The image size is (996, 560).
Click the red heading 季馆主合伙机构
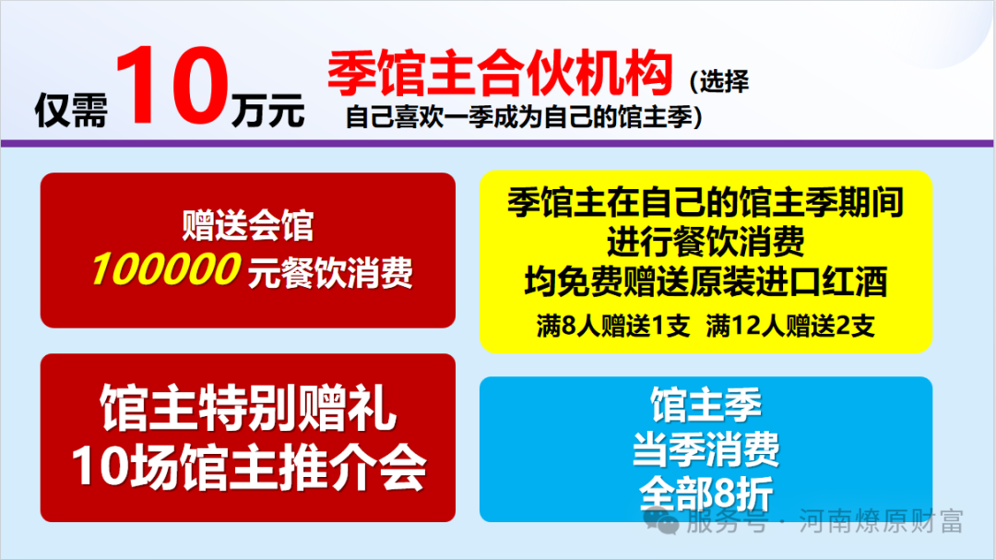[499, 75]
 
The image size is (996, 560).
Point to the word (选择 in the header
[718, 82]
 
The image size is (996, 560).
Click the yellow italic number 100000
[165, 270]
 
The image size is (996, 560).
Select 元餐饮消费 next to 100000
[329, 272]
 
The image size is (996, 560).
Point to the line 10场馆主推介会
[248, 469]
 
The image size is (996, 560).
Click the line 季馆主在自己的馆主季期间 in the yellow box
[705, 202]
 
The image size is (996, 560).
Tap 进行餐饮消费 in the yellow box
[705, 242]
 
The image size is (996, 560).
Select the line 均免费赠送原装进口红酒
[705, 281]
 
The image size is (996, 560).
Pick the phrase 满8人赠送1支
[613, 327]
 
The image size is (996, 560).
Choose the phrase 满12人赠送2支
[790, 327]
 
